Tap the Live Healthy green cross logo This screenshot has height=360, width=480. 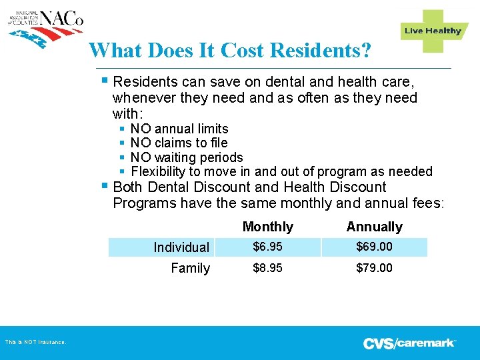(x=433, y=31)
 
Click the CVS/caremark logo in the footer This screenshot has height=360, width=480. (x=409, y=343)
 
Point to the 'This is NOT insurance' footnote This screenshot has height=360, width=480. (x=35, y=343)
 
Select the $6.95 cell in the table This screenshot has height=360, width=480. (x=267, y=247)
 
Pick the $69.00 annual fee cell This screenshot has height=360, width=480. (x=374, y=247)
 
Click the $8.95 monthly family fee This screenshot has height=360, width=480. (x=267, y=268)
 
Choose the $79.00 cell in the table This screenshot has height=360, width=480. (x=374, y=268)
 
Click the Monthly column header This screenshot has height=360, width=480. (x=268, y=227)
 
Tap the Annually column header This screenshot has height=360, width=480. (x=374, y=227)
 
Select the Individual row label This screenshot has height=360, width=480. (x=181, y=247)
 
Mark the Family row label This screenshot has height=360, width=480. (x=190, y=268)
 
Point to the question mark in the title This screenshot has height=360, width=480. (x=365, y=50)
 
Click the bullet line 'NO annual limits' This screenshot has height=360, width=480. (x=179, y=129)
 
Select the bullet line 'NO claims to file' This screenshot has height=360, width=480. (x=179, y=143)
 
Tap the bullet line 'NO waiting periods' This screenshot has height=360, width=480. (x=187, y=157)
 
